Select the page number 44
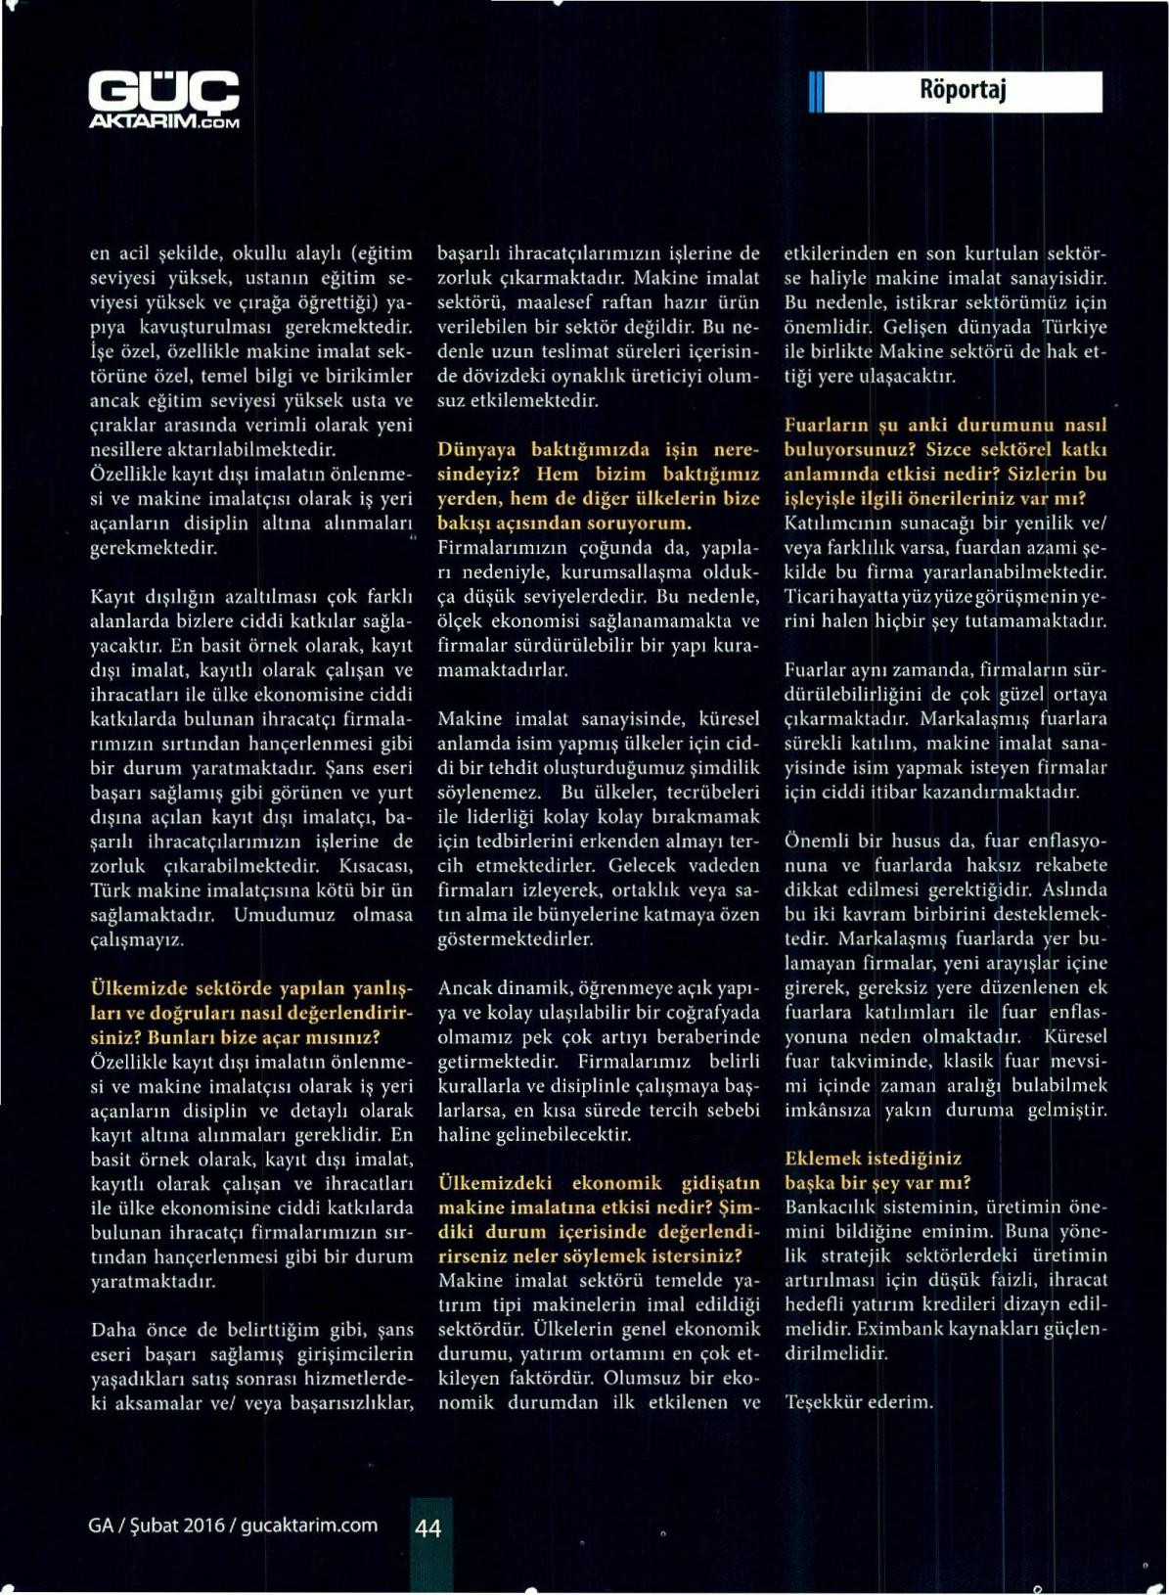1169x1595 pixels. (x=428, y=1527)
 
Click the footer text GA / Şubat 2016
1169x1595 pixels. (x=157, y=1526)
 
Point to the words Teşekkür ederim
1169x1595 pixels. (x=858, y=1401)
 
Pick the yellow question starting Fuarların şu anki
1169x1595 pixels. (x=945, y=462)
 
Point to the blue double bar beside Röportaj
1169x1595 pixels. (x=815, y=93)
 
